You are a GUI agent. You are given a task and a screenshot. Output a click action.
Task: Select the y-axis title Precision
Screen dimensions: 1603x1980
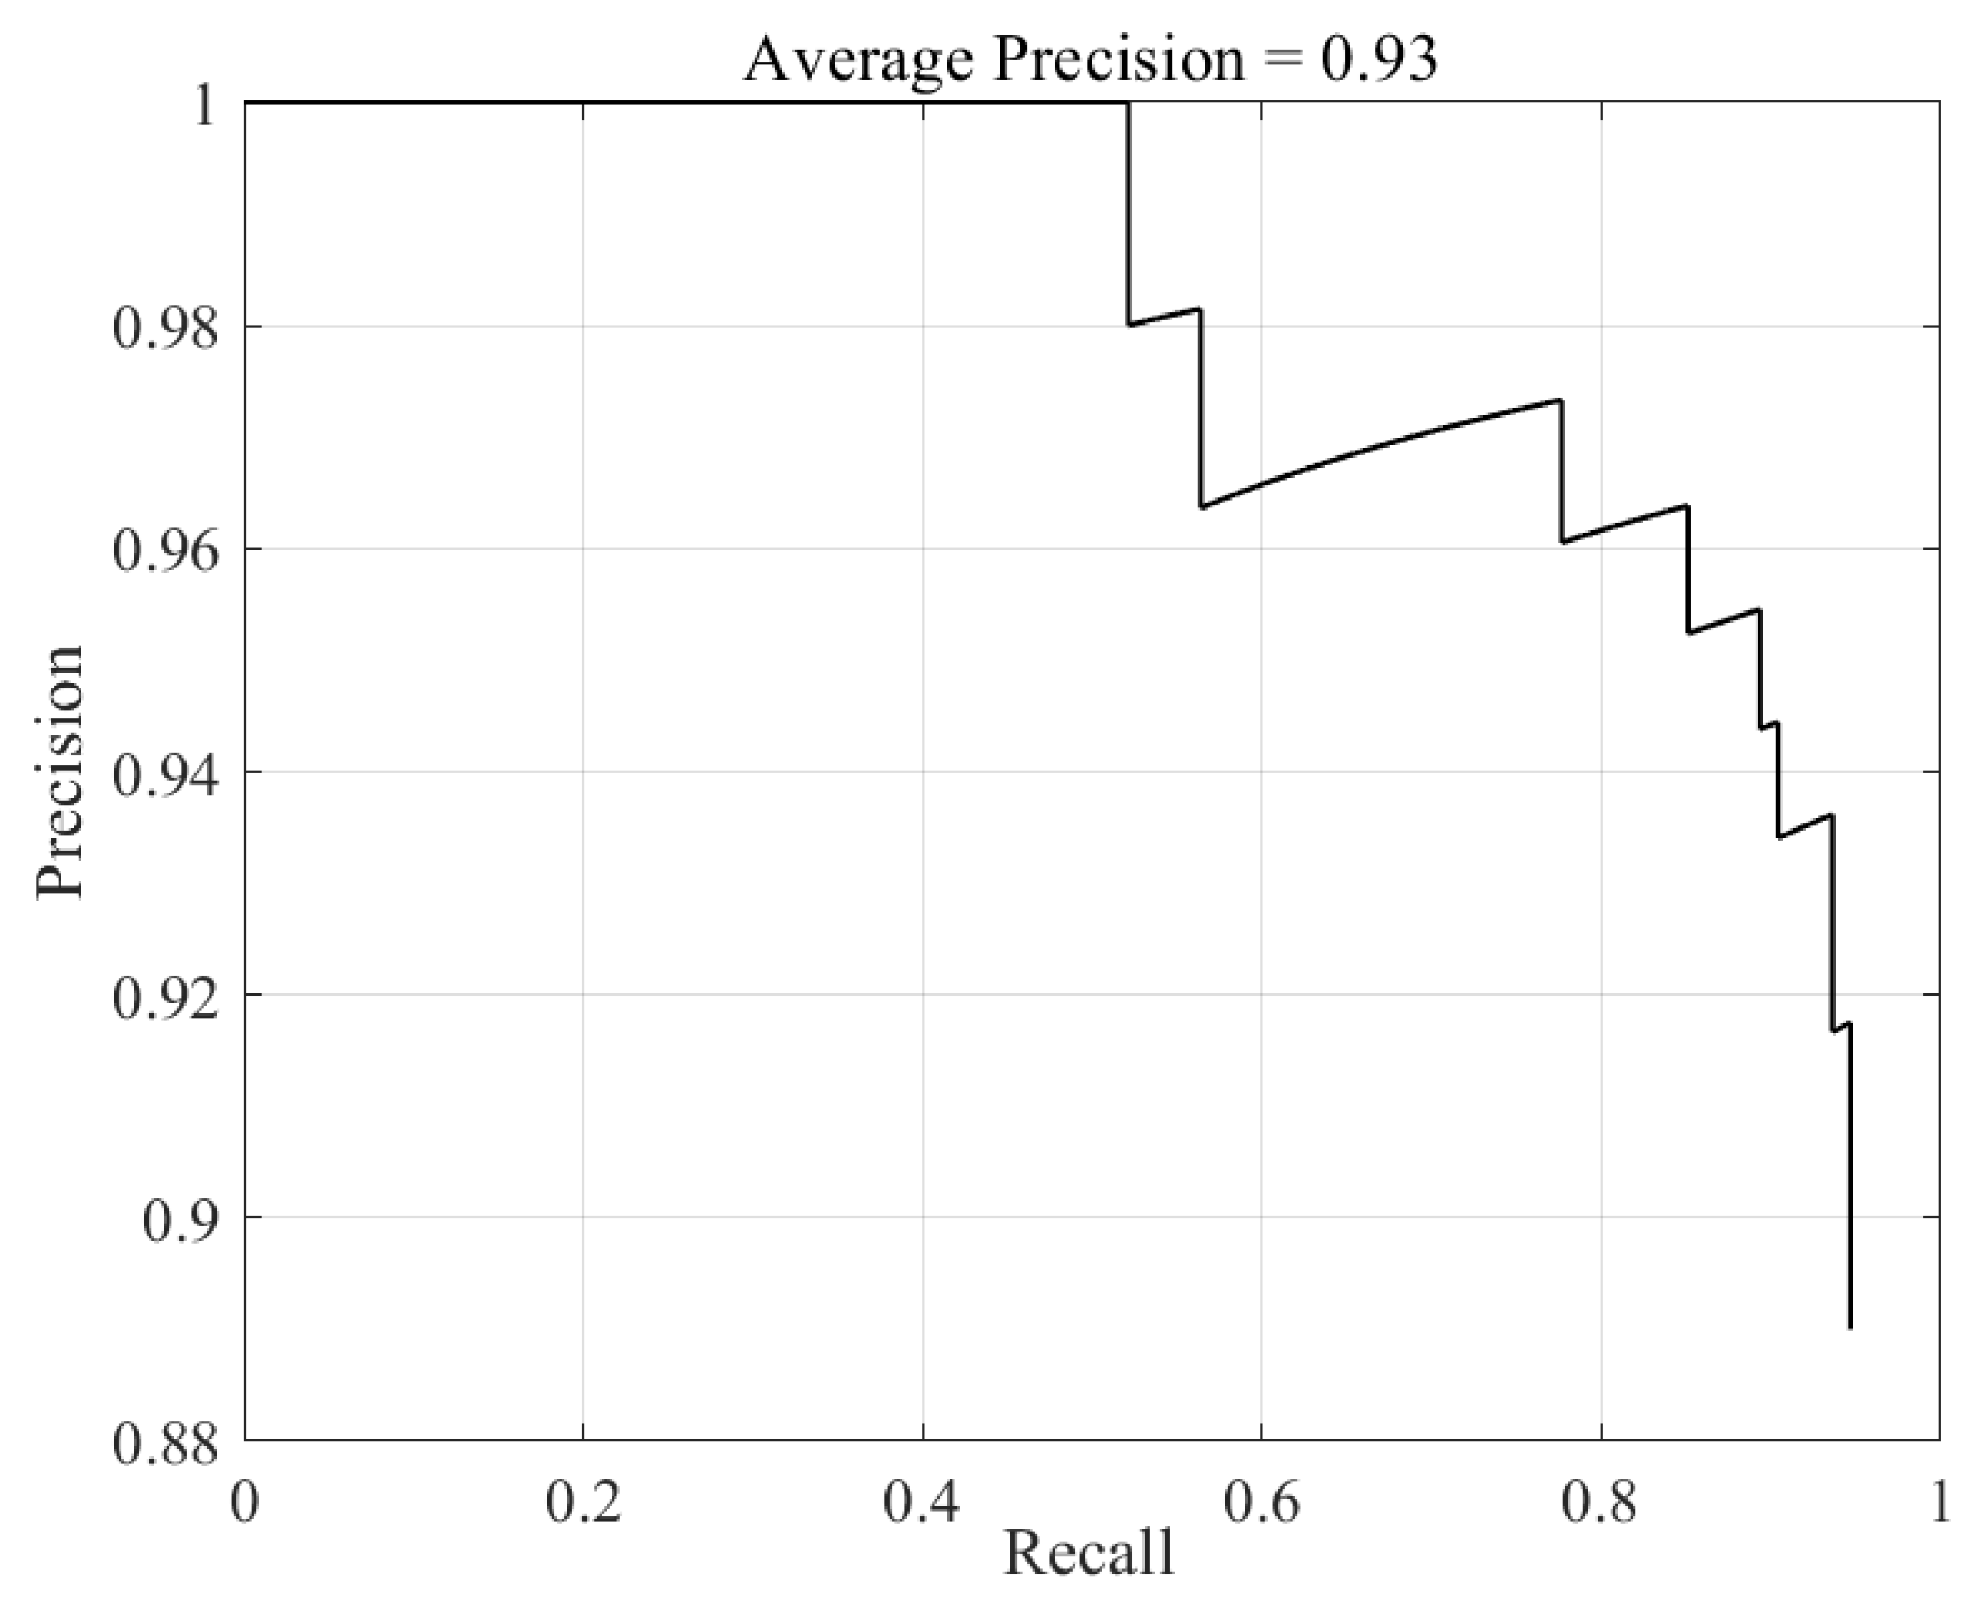coord(61,772)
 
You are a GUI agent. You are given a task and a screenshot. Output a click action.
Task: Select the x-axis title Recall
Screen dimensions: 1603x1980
coord(1089,1552)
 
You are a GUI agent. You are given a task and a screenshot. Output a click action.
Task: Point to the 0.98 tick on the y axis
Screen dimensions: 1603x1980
coord(167,329)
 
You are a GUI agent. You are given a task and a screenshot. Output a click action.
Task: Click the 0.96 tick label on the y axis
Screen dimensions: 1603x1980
coord(167,551)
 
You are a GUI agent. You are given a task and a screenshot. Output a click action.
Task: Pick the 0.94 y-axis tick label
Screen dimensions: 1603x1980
coord(167,774)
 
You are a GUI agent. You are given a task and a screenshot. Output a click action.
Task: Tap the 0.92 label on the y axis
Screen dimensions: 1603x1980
coord(167,997)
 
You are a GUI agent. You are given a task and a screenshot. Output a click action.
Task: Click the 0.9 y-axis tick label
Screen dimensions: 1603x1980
coord(182,1219)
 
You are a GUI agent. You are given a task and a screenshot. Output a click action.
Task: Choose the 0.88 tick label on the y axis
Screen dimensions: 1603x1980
coord(167,1443)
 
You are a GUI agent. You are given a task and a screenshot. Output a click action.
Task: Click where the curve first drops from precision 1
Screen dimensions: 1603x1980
coord(1128,104)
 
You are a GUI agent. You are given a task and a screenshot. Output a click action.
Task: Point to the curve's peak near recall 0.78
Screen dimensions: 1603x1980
coord(1561,400)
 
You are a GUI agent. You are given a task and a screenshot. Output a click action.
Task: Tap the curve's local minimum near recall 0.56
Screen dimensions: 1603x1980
coord(1202,507)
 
